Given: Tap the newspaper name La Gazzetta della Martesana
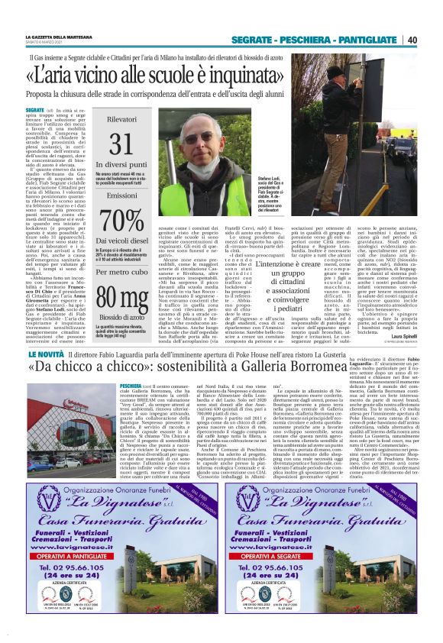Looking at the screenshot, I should click(x=60, y=37).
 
